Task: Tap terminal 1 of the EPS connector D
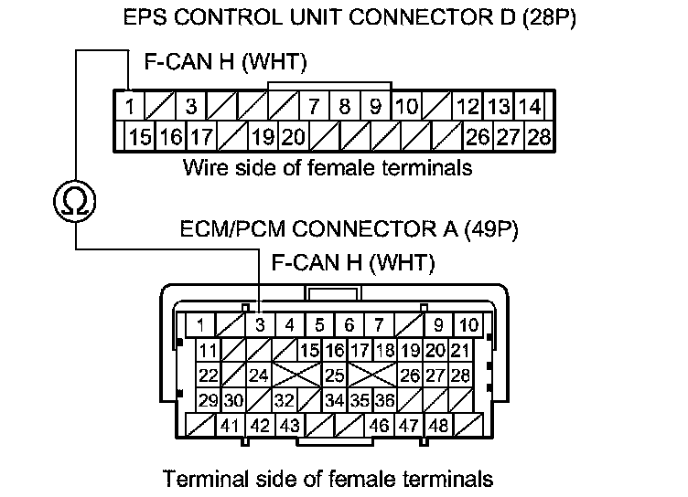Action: tap(131, 107)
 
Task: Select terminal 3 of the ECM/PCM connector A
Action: tap(260, 324)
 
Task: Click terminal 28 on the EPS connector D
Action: tap(539, 138)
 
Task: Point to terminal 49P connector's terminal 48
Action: tap(439, 425)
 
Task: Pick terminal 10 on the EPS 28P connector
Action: tap(406, 107)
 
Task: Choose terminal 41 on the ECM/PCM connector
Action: tap(230, 425)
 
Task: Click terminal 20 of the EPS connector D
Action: tap(292, 138)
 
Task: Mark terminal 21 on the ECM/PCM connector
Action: tap(460, 351)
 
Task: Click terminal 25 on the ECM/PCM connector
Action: tap(334, 375)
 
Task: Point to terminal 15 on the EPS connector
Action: tap(140, 138)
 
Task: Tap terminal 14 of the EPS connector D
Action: tap(530, 107)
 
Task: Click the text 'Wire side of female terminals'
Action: tap(328, 168)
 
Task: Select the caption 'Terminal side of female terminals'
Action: tap(328, 478)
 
